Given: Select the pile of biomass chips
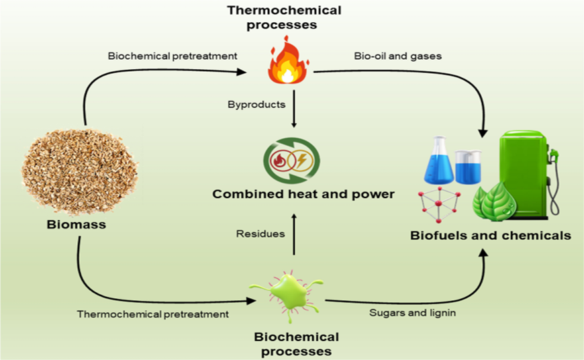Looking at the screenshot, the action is pos(79,171).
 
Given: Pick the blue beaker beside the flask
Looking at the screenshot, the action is pos(469,167).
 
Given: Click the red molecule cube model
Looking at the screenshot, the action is pos(439,204).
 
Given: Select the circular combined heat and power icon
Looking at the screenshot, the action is pos(291,161).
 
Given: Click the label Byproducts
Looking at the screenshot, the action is pos(256,104).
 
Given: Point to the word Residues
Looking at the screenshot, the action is pos(260,234).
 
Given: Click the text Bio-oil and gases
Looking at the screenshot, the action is pos(398,56).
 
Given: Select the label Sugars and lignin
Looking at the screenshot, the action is pos(412,312).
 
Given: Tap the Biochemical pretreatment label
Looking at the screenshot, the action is pos(173,56).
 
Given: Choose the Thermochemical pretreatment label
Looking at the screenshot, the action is pos(152,314).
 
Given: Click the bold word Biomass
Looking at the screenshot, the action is pos(77,224).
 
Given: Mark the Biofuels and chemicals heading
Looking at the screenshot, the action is pos(491,236).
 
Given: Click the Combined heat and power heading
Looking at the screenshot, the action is pos(303,194).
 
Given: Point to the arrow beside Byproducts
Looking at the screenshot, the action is pos(294,109).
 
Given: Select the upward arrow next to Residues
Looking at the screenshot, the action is pos(294,234).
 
